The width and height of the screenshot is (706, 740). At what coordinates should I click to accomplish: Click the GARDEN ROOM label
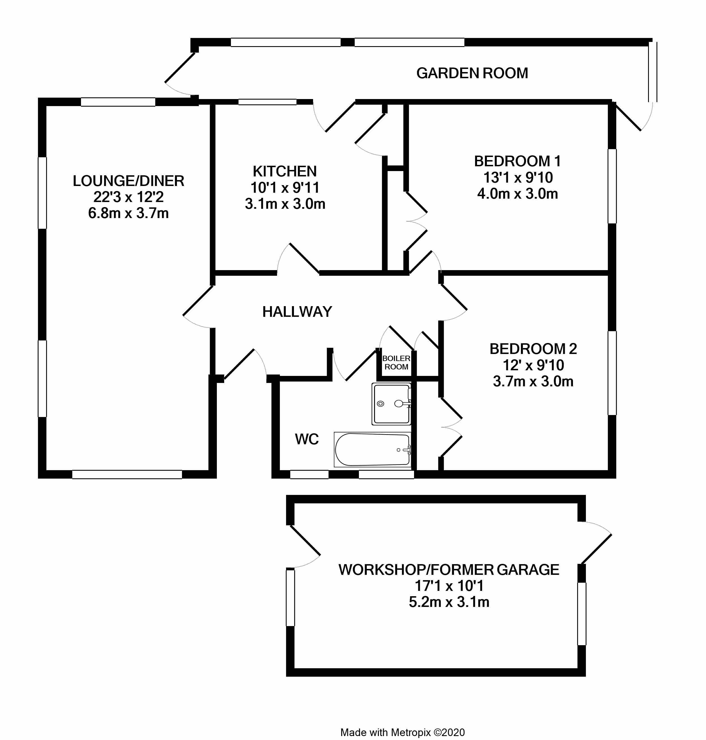tap(472, 73)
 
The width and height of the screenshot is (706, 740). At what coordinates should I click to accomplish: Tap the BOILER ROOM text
tap(396, 362)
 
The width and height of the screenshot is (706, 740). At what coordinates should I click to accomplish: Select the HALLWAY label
tap(297, 312)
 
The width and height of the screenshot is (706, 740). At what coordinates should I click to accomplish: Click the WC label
tap(307, 439)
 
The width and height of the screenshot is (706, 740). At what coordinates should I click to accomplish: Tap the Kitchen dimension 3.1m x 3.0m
tap(285, 204)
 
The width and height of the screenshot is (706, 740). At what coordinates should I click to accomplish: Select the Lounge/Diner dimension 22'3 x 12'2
tap(128, 197)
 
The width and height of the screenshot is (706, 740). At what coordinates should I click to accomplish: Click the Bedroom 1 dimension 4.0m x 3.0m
tap(518, 194)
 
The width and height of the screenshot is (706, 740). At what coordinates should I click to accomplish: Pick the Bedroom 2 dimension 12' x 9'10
tap(533, 365)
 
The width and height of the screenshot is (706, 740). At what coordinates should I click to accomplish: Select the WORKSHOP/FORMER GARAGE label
tap(449, 569)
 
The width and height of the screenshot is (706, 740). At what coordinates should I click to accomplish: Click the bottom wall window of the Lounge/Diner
tap(127, 474)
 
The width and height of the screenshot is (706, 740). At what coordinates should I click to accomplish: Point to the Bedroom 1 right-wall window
tap(612, 186)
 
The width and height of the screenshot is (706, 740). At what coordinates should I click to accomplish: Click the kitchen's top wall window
tap(267, 102)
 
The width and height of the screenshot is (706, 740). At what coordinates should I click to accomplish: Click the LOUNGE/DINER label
tap(128, 181)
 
